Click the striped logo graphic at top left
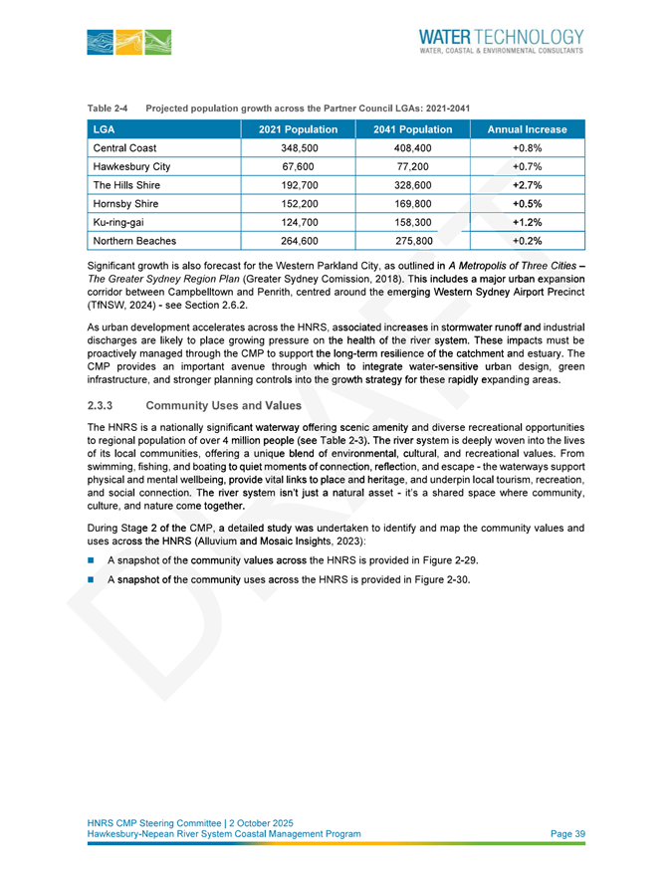(x=128, y=42)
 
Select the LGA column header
(x=104, y=129)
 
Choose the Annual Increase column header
(x=526, y=129)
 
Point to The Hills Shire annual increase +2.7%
(x=526, y=185)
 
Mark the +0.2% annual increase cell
(x=526, y=241)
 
